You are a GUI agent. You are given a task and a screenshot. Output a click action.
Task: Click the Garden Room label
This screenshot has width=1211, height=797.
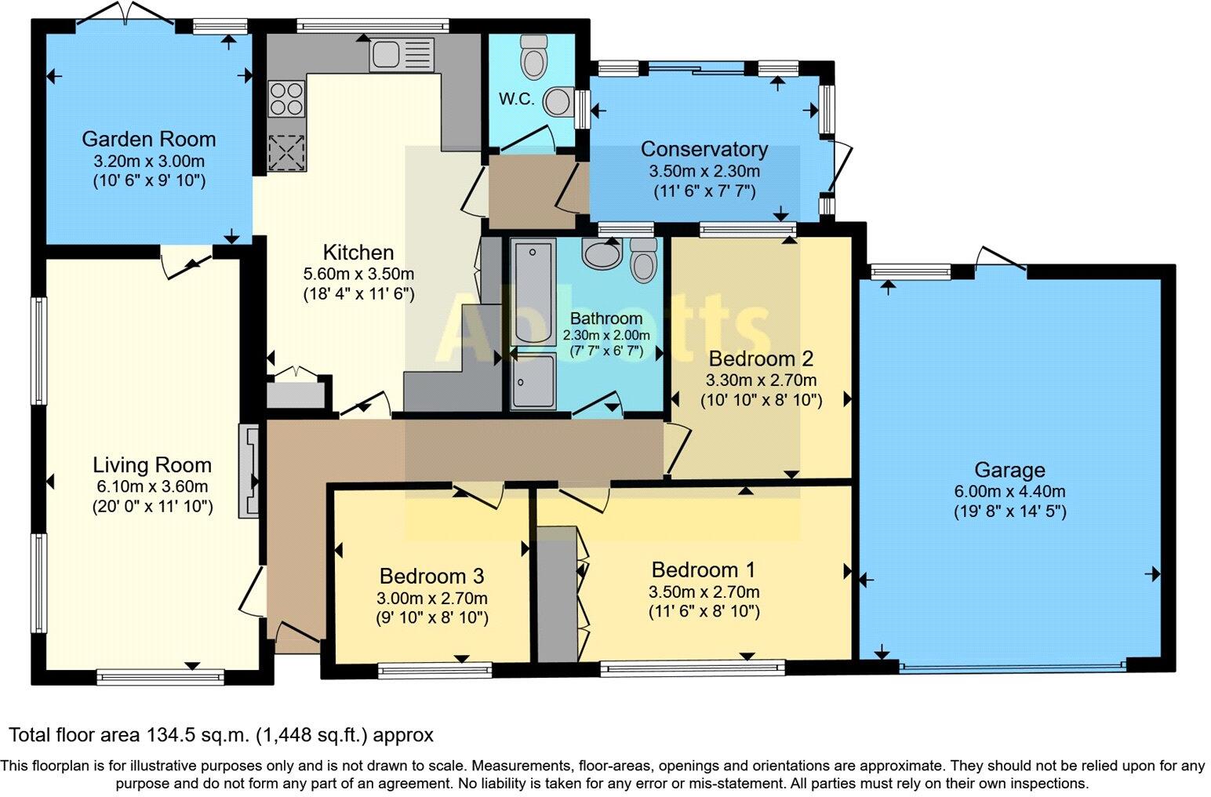point(148,140)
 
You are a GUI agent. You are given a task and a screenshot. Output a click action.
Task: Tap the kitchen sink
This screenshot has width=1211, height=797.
point(400,55)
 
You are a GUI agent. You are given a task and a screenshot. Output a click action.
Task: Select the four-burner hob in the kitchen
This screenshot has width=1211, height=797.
point(286,99)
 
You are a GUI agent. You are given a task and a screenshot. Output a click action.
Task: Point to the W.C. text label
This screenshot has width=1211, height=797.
point(516,100)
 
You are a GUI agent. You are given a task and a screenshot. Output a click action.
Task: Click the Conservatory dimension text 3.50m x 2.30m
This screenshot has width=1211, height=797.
point(704,171)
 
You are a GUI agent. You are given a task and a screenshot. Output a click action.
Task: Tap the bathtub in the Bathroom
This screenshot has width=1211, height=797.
point(533,292)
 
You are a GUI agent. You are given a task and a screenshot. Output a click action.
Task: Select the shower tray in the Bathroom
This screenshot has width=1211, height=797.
point(533,381)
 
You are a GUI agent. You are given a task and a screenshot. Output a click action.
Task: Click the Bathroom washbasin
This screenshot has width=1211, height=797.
point(601,253)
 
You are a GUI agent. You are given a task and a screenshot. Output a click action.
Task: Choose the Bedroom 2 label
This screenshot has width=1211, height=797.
point(760,359)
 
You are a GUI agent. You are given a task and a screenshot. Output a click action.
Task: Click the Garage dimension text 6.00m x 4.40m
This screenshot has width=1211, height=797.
point(1009,492)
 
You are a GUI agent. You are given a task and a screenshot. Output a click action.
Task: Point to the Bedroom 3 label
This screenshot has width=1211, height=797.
point(431,577)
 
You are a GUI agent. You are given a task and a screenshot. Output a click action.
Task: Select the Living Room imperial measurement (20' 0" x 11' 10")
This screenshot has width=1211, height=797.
point(152,507)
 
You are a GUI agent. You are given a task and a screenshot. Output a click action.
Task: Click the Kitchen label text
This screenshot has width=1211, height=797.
point(358,253)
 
